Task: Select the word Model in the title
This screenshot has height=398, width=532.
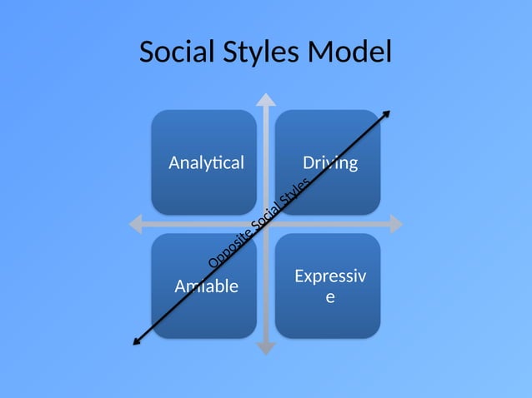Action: (x=350, y=52)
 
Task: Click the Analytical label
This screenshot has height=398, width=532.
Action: (x=207, y=162)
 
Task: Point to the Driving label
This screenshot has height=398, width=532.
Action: (x=330, y=162)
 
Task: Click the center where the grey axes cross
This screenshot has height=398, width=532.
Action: (x=266, y=224)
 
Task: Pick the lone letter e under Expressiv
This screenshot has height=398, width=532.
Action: (x=330, y=296)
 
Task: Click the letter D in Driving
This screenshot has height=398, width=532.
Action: (x=308, y=162)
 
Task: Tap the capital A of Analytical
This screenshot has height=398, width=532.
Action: (x=173, y=162)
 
